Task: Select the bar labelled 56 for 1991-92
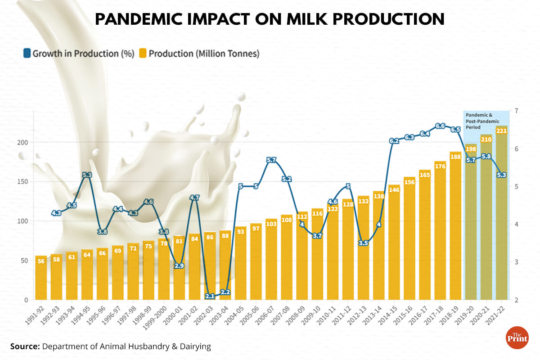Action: pyautogui.click(x=41, y=279)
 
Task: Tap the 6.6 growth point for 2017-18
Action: pyautogui.click(x=440, y=126)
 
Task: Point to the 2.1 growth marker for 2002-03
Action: pyautogui.click(x=210, y=296)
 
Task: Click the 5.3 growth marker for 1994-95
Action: pyautogui.click(x=87, y=175)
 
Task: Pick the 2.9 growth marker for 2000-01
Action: pyautogui.click(x=179, y=266)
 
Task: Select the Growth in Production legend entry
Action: pyautogui.click(x=79, y=54)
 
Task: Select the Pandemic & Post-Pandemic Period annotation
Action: pyautogui.click(x=486, y=121)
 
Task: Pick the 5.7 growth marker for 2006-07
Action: pyautogui.click(x=271, y=160)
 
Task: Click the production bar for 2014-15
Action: pyautogui.click(x=394, y=243)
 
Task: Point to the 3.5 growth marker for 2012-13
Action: pyautogui.click(x=364, y=243)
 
